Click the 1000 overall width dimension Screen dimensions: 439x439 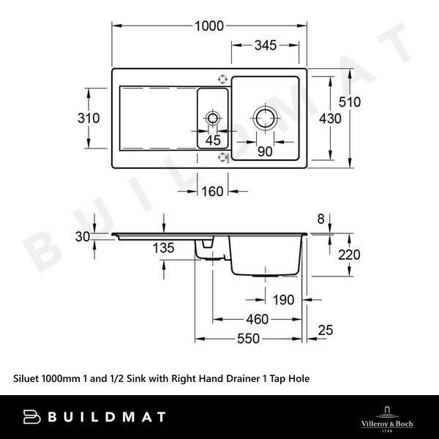209,26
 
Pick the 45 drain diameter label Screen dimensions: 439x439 213,140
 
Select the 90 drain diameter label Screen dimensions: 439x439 265,151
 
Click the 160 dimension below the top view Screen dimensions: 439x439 211,192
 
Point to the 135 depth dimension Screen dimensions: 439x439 164,248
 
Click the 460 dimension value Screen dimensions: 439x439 256,319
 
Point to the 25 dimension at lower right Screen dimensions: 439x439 326,330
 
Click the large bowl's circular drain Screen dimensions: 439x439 263,118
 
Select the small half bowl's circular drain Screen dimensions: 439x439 213,118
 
